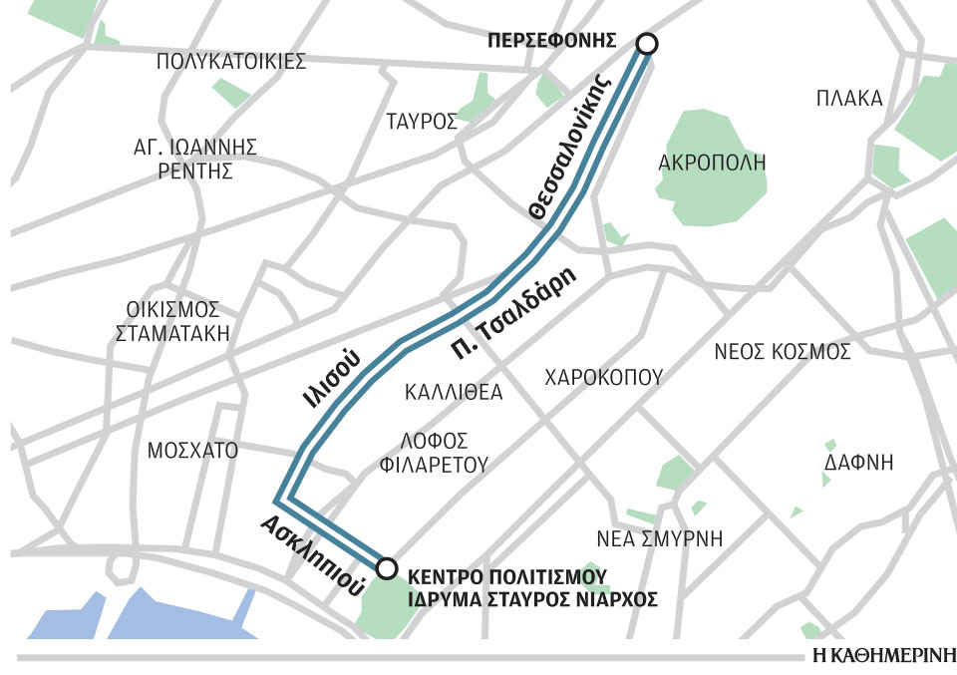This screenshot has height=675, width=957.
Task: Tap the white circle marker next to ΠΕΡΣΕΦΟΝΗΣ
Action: point(647,43)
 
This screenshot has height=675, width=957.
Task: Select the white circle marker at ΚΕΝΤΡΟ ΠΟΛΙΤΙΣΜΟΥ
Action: point(387,567)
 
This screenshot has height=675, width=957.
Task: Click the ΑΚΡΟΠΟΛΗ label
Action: point(712,162)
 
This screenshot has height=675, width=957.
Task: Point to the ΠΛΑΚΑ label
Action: point(849,99)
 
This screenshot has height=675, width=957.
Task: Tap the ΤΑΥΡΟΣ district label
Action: point(422,123)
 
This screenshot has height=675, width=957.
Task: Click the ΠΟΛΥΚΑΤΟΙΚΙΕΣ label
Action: point(231,62)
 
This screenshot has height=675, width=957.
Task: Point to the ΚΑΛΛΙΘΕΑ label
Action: point(454,392)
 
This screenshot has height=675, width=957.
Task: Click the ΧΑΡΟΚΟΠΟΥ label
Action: point(603,378)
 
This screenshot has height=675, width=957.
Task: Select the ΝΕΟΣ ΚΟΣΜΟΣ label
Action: point(783,352)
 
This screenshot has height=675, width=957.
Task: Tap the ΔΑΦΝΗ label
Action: point(859,463)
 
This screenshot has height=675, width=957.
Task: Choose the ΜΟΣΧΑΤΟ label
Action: point(192,451)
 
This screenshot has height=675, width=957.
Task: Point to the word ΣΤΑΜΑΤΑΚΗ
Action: point(173,333)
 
